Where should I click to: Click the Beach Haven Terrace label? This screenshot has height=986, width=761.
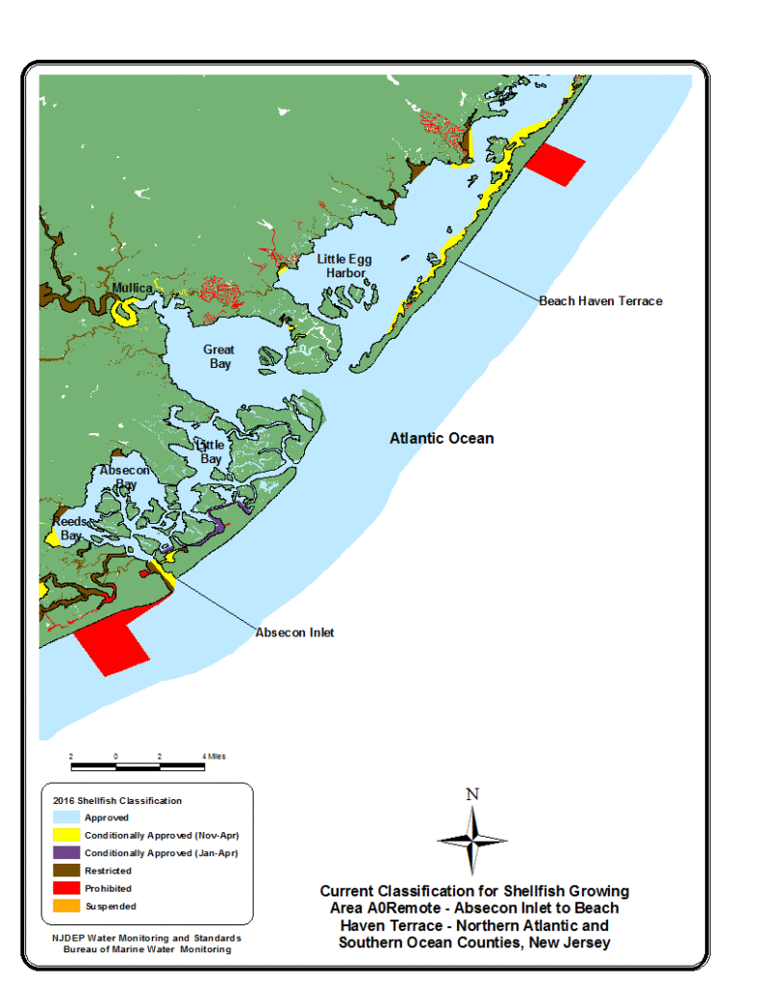pyautogui.click(x=600, y=300)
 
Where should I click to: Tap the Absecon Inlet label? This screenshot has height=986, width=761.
pyautogui.click(x=294, y=633)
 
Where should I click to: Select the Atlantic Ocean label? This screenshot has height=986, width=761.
pyautogui.click(x=442, y=438)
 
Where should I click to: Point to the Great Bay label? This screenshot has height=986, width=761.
pyautogui.click(x=218, y=356)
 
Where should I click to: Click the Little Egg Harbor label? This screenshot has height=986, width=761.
pyautogui.click(x=344, y=266)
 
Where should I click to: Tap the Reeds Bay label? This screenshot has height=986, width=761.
pyautogui.click(x=70, y=528)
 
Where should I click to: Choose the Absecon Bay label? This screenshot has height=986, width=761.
pyautogui.click(x=125, y=477)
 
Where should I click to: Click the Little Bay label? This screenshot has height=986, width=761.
pyautogui.click(x=210, y=452)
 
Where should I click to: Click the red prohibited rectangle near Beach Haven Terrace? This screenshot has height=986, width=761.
pyautogui.click(x=555, y=165)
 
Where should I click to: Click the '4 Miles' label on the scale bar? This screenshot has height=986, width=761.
pyautogui.click(x=215, y=757)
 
